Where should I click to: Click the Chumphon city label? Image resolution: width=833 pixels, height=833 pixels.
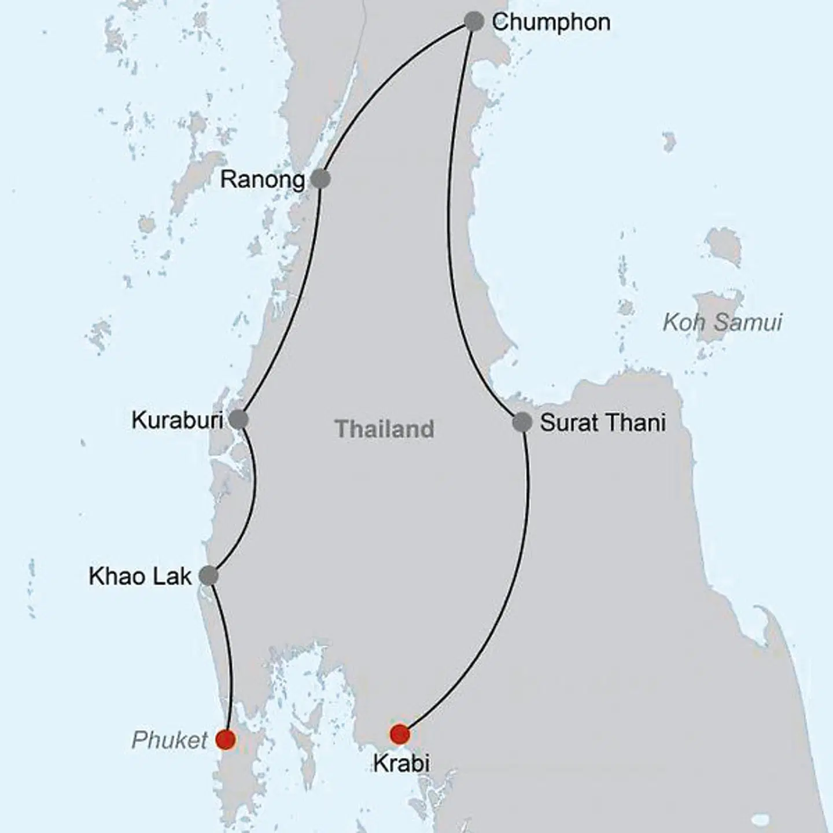click(551, 23)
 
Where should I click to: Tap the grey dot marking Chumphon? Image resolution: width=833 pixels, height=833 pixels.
click(474, 22)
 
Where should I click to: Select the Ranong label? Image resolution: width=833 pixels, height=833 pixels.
click(263, 180)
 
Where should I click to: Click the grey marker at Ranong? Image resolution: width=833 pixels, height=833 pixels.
click(320, 179)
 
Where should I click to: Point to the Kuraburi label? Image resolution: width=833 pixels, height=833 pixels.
click(177, 421)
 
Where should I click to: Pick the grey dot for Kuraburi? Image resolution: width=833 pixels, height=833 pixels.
click(239, 419)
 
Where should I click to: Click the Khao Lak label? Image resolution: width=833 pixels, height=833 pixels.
click(140, 577)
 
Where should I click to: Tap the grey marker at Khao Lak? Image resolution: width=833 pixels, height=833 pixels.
click(208, 576)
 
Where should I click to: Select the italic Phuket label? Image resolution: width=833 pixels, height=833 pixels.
click(169, 740)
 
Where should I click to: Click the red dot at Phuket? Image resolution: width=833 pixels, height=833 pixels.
click(225, 739)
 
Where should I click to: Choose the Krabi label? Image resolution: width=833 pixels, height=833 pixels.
click(401, 764)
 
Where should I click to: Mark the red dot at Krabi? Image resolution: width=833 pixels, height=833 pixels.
click(400, 735)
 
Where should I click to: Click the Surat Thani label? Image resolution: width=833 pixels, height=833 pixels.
click(602, 423)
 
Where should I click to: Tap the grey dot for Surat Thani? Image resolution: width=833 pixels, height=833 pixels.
click(522, 422)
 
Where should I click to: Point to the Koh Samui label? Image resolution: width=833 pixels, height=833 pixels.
click(722, 322)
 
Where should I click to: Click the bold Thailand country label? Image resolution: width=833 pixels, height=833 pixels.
click(385, 429)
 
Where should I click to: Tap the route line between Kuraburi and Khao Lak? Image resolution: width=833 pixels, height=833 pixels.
click(255, 497)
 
